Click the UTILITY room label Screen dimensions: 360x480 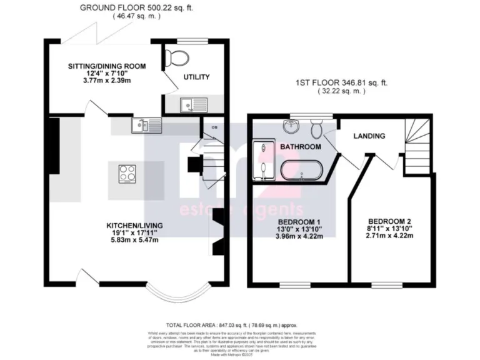tap(196, 77)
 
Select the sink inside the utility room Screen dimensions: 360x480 tap(187, 105)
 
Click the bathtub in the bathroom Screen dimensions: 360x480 tap(301, 171)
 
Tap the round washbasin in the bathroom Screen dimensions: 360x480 tap(291, 126)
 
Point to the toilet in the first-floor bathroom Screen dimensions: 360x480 tap(317, 129)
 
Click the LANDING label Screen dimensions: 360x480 tap(369, 136)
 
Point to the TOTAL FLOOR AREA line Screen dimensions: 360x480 tap(232, 326)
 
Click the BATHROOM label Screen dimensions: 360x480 tap(300, 146)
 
